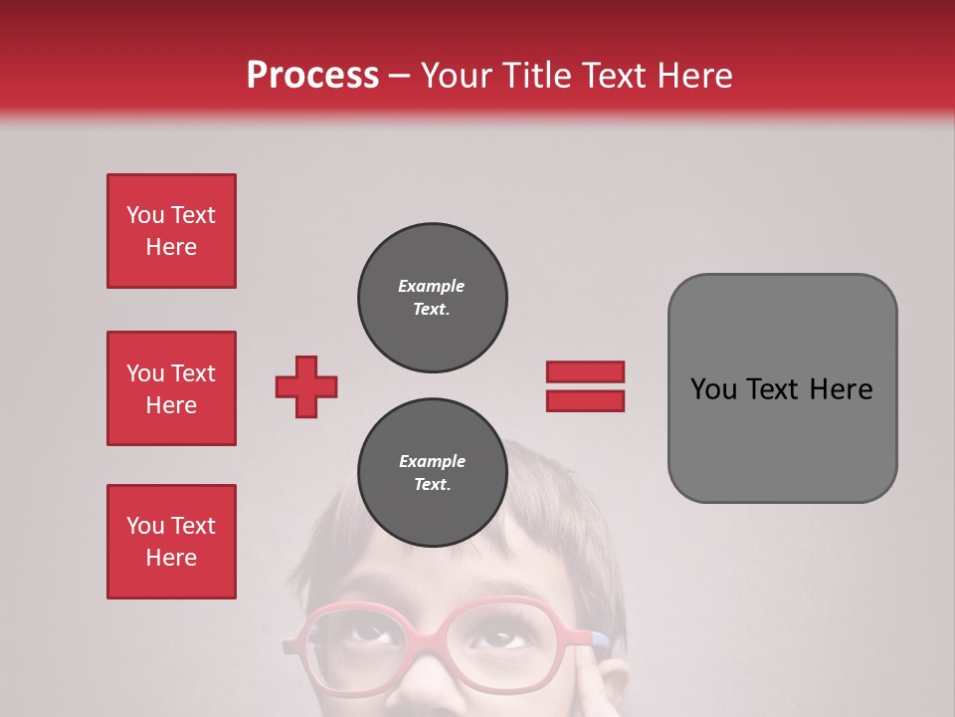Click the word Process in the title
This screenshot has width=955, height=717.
click(x=312, y=76)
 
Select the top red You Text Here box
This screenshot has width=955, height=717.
click(x=171, y=231)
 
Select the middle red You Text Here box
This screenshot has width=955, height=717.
click(x=171, y=388)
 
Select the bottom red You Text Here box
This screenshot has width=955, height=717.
click(x=171, y=542)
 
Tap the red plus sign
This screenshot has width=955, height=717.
click(x=306, y=386)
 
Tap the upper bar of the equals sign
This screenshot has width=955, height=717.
click(x=585, y=371)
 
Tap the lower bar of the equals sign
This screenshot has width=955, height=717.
click(x=585, y=400)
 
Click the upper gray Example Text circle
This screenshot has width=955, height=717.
click(x=433, y=298)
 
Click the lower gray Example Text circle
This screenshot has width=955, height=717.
click(x=433, y=473)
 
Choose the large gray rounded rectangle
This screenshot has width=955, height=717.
click(x=782, y=388)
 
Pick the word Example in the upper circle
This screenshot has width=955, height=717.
click(x=431, y=286)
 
